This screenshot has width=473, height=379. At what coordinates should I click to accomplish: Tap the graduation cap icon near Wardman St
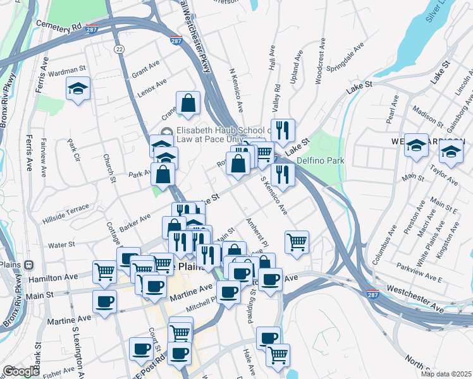coord(78,89)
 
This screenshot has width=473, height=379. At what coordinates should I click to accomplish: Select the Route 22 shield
coord(118,49)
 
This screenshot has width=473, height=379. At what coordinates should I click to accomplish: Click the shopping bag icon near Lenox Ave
coord(188,103)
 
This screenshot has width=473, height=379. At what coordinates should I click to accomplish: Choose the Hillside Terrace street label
coord(66,208)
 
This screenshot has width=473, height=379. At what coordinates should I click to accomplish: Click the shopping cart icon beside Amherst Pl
coord(297,242)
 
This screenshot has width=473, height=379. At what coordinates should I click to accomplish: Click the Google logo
coord(21,371)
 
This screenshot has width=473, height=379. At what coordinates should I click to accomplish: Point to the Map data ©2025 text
coord(446,373)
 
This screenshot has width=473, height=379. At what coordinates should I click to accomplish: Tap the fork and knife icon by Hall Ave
coord(283,131)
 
